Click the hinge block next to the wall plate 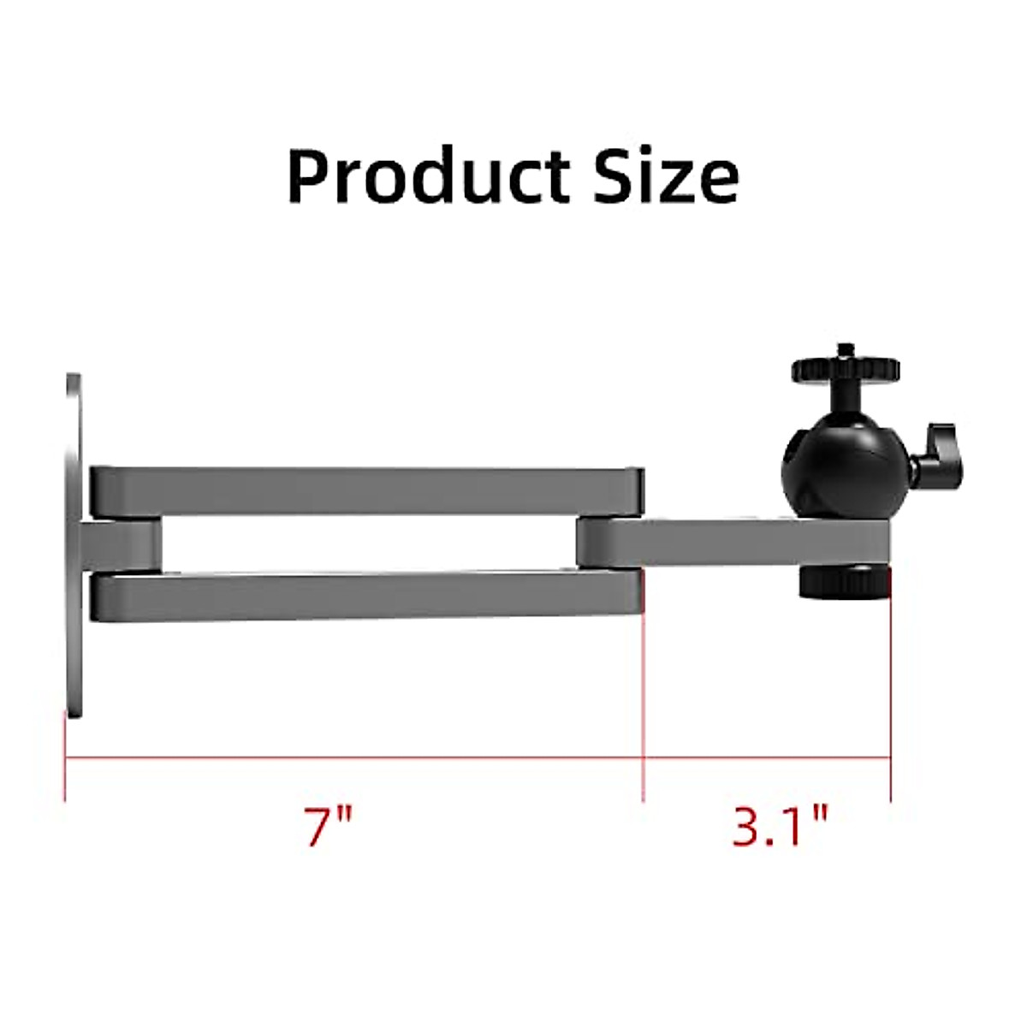click(120, 546)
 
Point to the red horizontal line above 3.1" click(766, 757)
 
